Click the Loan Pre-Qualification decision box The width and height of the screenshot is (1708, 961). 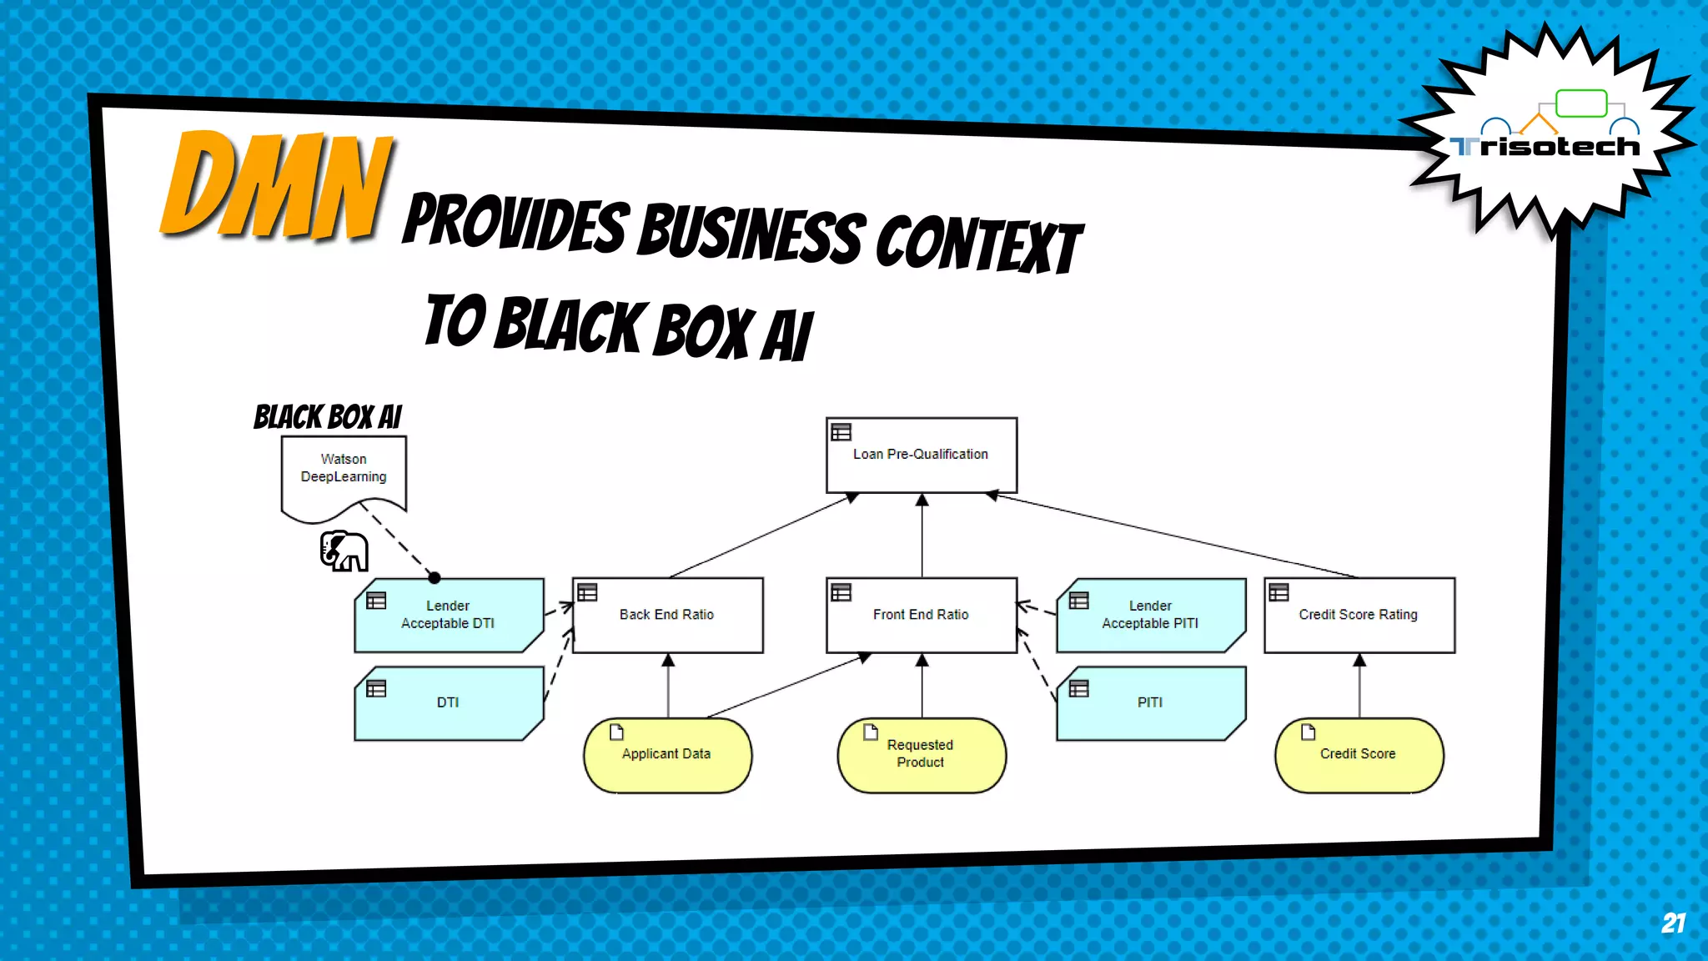(921, 455)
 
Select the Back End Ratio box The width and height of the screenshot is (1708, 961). (667, 616)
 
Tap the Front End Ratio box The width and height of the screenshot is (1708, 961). (921, 616)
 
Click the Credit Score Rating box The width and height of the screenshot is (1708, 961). (1359, 616)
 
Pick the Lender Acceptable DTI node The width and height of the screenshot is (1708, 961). (448, 616)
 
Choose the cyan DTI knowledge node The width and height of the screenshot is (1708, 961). (448, 703)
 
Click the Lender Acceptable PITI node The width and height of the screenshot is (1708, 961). (1150, 616)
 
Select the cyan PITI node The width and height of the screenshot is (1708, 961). (1150, 703)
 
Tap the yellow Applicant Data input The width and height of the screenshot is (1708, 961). (666, 755)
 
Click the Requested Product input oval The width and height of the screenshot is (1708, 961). (921, 755)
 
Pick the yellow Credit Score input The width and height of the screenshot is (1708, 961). (1358, 755)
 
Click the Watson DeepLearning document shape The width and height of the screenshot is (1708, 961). (344, 472)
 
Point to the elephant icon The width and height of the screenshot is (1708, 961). (344, 551)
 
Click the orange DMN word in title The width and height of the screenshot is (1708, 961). (275, 185)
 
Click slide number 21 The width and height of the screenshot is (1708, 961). (1672, 923)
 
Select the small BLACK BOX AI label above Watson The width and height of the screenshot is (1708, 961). (328, 417)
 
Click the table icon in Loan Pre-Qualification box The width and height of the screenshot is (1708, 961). (841, 432)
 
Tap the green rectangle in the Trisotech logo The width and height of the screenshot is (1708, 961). (1580, 103)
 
